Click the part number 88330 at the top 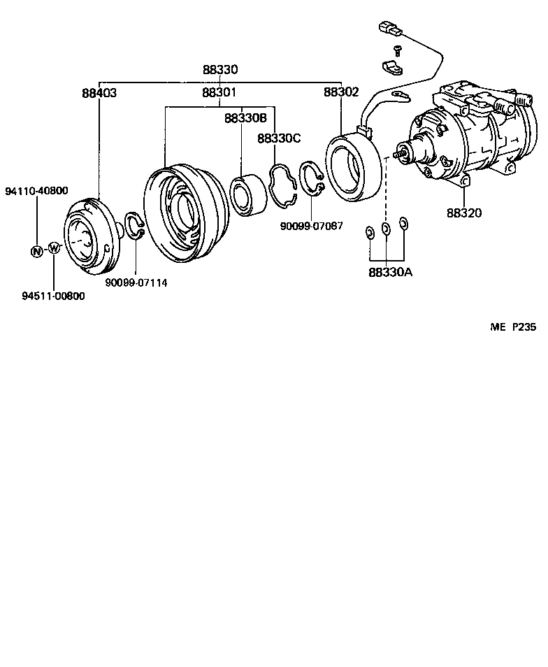point(220,70)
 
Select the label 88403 point(99,92)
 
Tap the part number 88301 point(219,92)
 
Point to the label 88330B point(246,118)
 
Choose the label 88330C point(279,138)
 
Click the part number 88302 point(340,92)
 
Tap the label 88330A point(390,272)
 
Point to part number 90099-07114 point(136,282)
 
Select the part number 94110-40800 point(36,191)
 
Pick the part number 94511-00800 point(53,296)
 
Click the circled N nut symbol point(36,251)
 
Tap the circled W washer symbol point(54,248)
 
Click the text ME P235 point(512,327)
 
